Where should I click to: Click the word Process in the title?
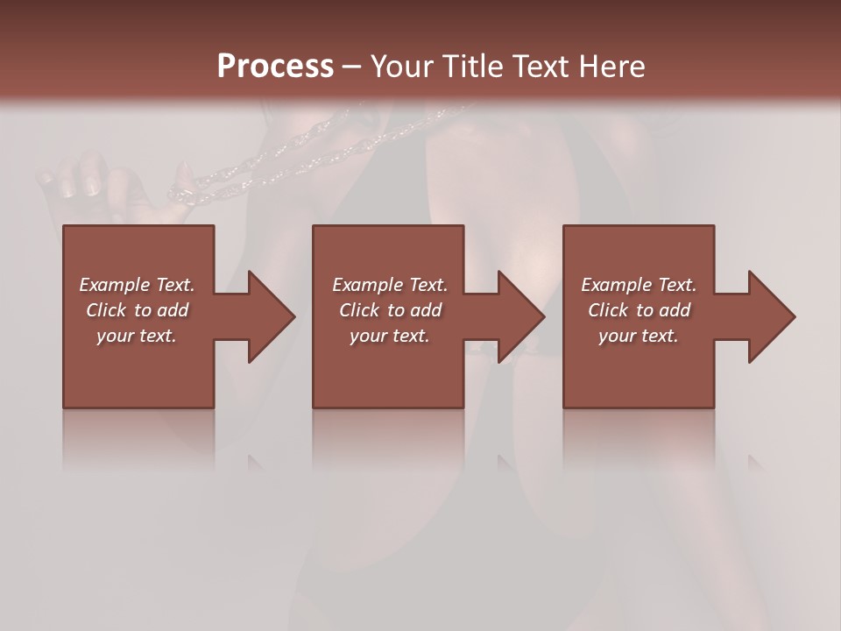click(x=275, y=67)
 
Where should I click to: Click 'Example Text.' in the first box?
click(x=137, y=285)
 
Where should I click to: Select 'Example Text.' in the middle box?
click(x=390, y=285)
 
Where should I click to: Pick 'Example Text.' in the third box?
click(x=639, y=285)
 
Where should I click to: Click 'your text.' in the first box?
click(x=137, y=336)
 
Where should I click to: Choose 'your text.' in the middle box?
click(x=390, y=336)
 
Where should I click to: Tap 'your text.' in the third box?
click(x=639, y=336)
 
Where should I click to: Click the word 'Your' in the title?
click(x=400, y=67)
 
